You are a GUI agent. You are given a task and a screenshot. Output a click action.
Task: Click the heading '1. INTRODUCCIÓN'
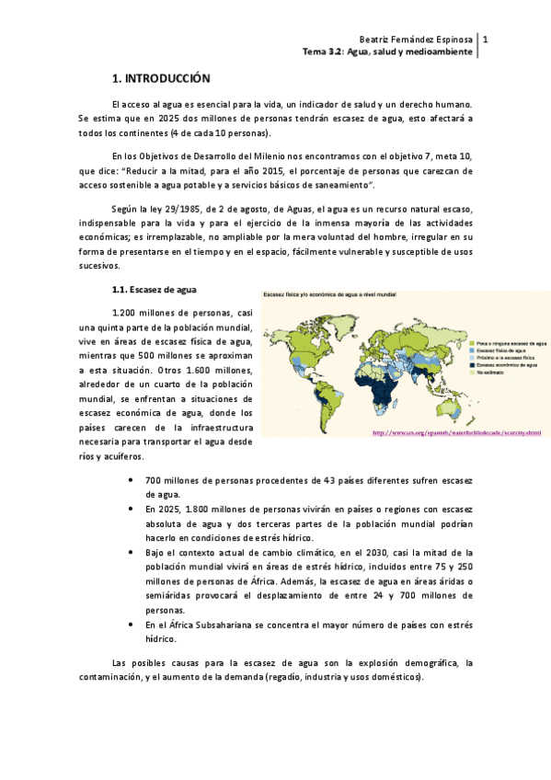coord(161,79)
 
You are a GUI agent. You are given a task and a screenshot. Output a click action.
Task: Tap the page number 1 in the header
coord(485,40)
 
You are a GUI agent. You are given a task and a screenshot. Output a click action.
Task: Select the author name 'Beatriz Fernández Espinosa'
coord(417,40)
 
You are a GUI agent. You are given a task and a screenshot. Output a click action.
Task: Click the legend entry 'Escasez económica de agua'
coord(507,365)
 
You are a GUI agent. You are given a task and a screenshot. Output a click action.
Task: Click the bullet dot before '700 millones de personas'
coord(133,481)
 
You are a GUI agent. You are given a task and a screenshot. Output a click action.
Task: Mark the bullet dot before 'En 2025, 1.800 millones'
coord(133,509)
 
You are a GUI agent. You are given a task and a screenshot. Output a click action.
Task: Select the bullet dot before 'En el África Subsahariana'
coord(133,624)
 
